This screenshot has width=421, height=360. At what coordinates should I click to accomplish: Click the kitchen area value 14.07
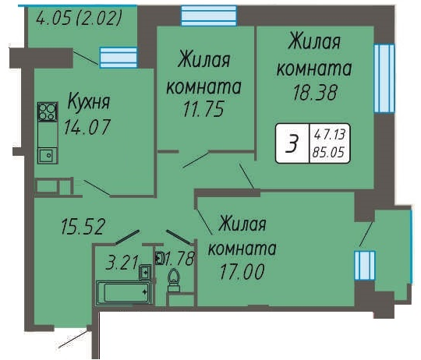[87, 127]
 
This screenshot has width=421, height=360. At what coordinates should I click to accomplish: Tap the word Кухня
[89, 102]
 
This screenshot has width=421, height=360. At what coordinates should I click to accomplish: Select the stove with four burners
[48, 111]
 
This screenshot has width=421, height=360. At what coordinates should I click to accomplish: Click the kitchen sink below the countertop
[48, 155]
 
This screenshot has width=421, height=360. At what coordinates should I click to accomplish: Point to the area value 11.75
[203, 109]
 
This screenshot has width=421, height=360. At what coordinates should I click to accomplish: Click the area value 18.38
[315, 93]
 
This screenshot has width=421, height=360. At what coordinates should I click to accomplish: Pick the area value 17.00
[242, 272]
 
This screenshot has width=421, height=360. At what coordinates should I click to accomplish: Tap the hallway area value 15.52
[83, 227]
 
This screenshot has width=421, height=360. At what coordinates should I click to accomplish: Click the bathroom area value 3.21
[122, 263]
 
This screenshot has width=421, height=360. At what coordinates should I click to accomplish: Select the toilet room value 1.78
[179, 259]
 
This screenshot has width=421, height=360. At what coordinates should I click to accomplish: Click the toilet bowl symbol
[174, 281]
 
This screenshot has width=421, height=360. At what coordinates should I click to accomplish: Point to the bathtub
[123, 293]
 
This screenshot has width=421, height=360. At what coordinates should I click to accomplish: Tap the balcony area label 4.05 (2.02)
[80, 18]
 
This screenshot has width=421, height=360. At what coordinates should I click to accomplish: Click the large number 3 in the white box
[292, 143]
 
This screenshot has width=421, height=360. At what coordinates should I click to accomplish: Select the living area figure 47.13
[330, 134]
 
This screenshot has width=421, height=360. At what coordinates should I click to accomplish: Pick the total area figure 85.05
[329, 153]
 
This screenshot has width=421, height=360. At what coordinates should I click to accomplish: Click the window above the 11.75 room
[209, 16]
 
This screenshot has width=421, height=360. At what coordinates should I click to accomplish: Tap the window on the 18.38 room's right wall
[384, 79]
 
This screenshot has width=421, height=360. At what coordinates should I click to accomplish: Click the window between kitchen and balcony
[119, 58]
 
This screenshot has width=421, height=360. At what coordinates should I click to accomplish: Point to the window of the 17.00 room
[364, 266]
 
